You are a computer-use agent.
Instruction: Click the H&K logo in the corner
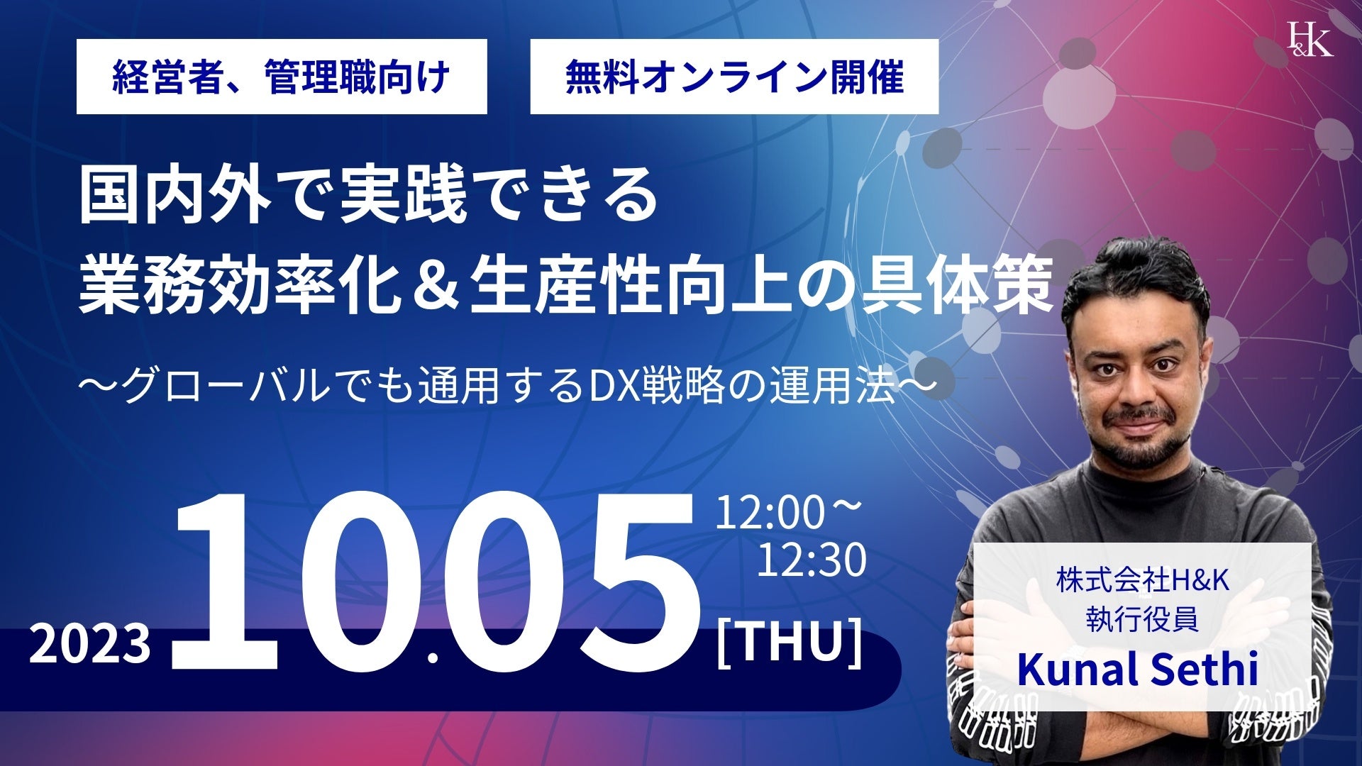point(1310,38)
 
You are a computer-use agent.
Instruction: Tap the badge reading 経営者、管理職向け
point(282,77)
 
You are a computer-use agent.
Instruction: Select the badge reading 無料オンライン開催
point(734,77)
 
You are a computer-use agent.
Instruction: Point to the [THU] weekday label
point(790,642)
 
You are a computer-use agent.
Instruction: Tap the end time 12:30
point(812,560)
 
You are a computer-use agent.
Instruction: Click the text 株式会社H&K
point(1142,582)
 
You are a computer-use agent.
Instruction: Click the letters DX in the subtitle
point(613,388)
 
